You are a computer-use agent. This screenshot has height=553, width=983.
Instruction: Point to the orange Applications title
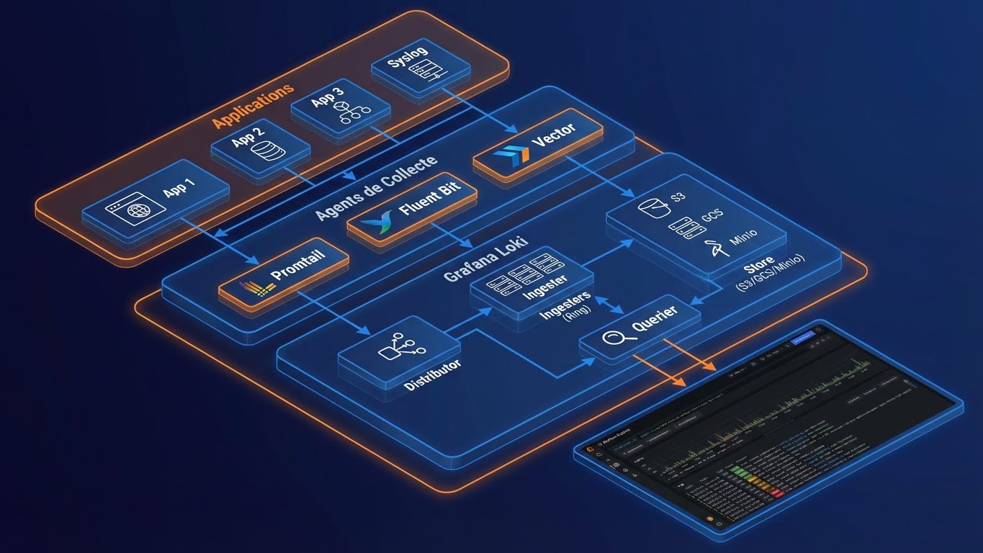coord(253,106)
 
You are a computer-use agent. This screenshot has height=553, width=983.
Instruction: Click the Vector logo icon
coord(512,153)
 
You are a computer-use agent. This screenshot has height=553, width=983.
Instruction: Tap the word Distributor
coord(431,375)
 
